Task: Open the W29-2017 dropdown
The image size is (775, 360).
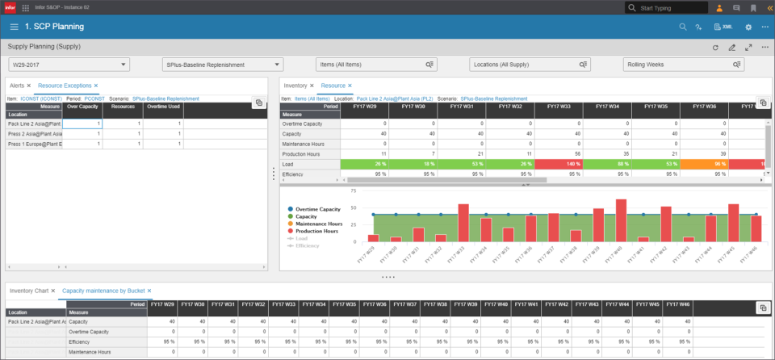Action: pos(68,65)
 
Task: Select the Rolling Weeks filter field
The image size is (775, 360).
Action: pos(681,65)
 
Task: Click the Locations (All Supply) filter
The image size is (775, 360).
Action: pos(528,65)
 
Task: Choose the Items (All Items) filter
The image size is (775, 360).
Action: pos(375,65)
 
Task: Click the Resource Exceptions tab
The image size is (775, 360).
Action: pos(65,85)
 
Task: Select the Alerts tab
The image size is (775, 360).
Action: pos(18,85)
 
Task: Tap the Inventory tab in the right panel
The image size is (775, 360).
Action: pos(295,85)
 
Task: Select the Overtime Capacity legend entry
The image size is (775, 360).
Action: pos(318,209)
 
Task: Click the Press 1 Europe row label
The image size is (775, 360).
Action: pos(34,144)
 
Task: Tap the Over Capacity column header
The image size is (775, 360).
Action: pos(83,107)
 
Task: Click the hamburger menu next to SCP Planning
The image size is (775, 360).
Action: pos(14,27)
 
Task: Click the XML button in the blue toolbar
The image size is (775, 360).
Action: pos(723,27)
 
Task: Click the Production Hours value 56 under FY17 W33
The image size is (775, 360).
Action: pos(562,152)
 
